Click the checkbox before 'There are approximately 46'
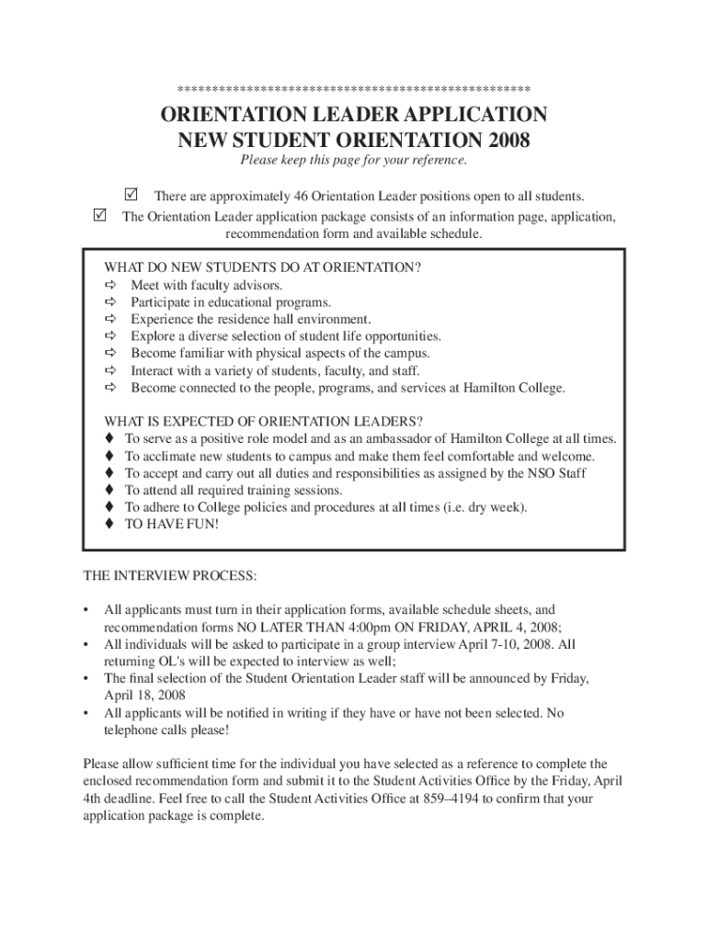click(130, 195)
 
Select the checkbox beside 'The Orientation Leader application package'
click(100, 216)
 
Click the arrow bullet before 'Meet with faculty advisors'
click(111, 286)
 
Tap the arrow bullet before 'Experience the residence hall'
click(111, 320)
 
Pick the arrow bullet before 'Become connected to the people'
click(111, 388)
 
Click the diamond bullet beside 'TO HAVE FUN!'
click(109, 524)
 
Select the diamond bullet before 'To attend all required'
click(109, 490)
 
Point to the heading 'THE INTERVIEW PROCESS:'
click(171, 576)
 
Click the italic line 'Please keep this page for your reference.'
click(354, 161)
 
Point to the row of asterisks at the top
click(354, 89)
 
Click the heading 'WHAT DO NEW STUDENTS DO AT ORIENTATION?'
click(263, 268)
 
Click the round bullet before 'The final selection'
click(86, 678)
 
